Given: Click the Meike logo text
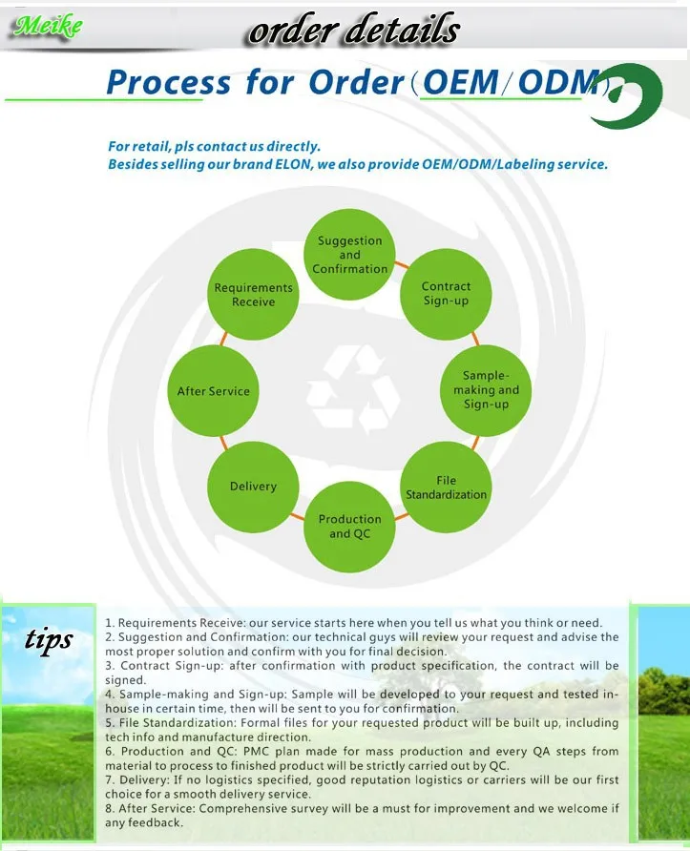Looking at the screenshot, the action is (46, 27).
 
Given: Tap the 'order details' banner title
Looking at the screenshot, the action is (353, 31).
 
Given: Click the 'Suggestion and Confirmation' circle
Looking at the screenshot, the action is (350, 255).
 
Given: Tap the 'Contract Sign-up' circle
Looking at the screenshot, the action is (446, 294).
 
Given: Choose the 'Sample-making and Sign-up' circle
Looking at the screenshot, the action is (486, 389).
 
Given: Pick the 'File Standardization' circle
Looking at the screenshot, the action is (446, 487).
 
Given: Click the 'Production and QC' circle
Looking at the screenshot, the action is (349, 527).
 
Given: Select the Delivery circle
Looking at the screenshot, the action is (253, 487).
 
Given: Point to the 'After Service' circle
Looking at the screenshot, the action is (214, 391).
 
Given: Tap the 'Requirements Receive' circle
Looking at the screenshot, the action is (253, 295).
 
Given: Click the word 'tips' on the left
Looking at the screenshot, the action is (48, 639).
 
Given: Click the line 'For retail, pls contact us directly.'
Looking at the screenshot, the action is (214, 147).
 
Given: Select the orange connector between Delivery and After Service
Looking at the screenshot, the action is (224, 440).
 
